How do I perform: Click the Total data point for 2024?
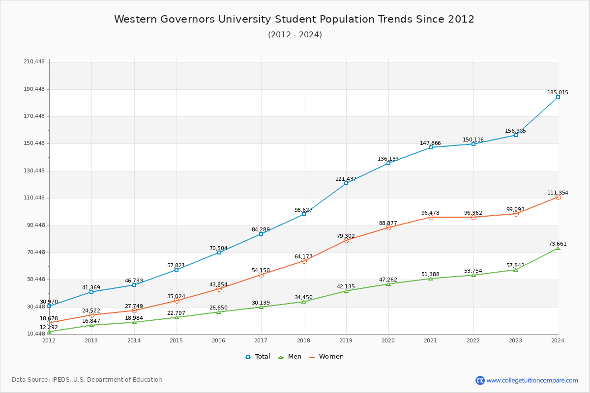tap(558, 97)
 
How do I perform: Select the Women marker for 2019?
tap(346, 240)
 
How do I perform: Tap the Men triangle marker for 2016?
tap(219, 312)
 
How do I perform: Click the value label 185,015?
tap(558, 93)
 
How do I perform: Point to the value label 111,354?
tap(558, 193)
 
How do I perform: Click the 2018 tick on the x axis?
tap(303, 340)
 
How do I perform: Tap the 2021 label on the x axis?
tap(431, 340)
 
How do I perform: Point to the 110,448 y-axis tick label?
tap(34, 198)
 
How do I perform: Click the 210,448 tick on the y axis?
tap(34, 62)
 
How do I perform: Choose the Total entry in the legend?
tap(258, 357)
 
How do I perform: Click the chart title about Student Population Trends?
tap(294, 19)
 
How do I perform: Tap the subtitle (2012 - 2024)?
tap(295, 35)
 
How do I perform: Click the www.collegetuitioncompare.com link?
tap(532, 380)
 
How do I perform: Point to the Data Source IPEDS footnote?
tap(87, 380)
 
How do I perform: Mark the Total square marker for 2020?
tap(388, 163)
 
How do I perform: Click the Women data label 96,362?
tap(473, 213)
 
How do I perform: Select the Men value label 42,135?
tap(346, 287)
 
